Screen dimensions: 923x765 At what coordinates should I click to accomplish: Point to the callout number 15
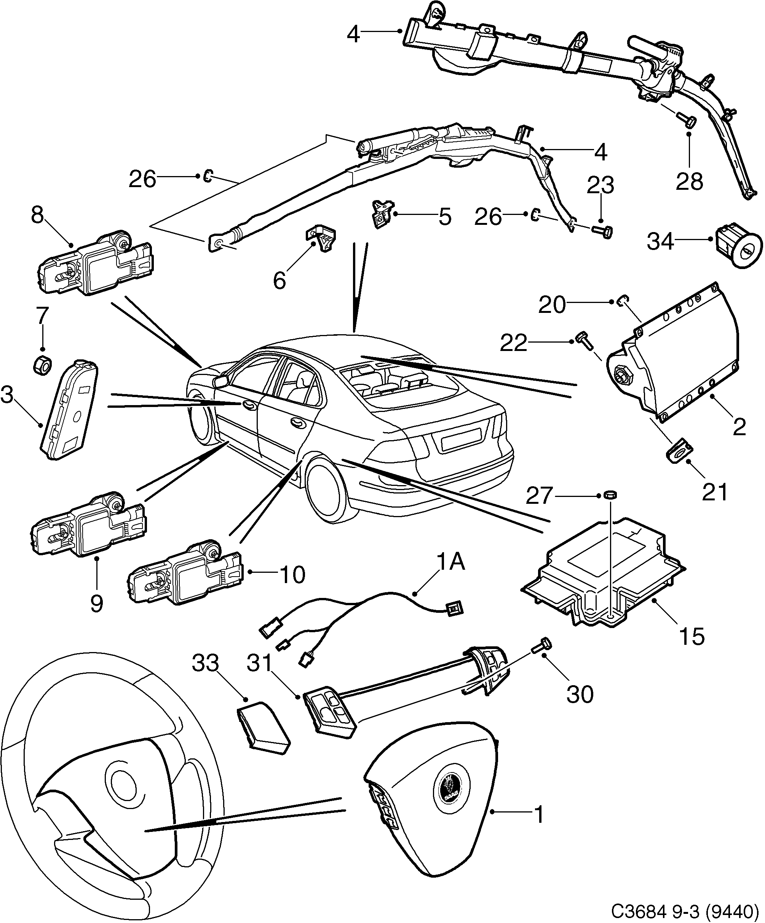[692, 636]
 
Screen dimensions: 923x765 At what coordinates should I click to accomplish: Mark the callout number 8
[38, 215]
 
